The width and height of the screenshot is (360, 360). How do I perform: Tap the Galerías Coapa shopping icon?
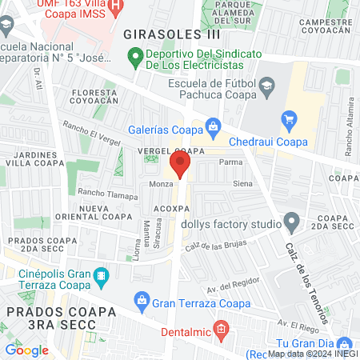click(213, 126)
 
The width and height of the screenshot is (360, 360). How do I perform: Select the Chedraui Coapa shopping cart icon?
click(289, 121)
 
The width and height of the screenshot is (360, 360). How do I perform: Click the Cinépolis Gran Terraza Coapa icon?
click(101, 278)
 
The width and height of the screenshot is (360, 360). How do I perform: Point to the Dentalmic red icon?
click(222, 328)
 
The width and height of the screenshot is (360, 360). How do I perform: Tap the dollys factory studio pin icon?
click(292, 220)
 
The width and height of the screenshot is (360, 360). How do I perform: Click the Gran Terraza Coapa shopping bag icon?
click(141, 302)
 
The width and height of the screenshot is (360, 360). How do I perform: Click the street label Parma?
click(230, 161)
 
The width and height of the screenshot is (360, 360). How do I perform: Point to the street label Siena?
click(242, 184)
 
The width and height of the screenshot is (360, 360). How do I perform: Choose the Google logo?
click(26, 350)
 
